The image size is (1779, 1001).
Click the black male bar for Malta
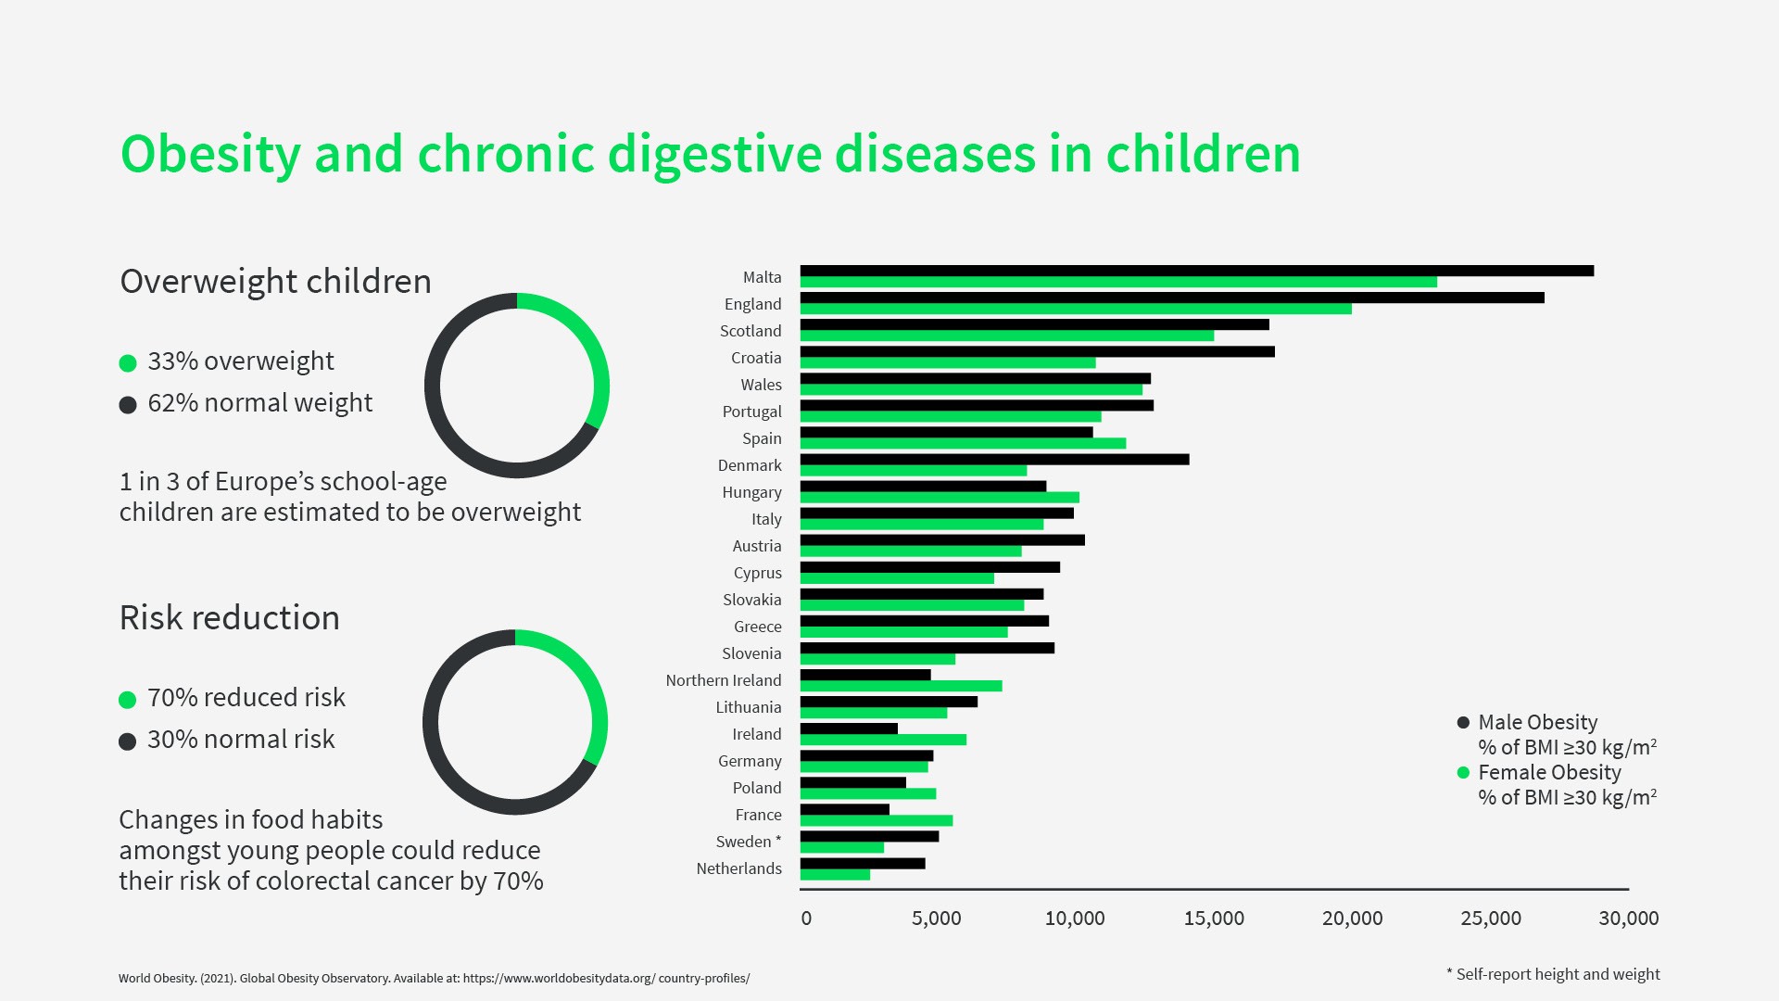[x=1196, y=271]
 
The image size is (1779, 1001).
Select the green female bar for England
[x=1075, y=309]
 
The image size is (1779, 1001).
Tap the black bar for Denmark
[x=994, y=460]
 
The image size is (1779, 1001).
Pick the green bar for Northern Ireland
[x=901, y=686]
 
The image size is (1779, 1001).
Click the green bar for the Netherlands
[x=835, y=875]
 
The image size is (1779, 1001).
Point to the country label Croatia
[x=756, y=358]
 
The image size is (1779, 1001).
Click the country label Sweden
[x=744, y=842]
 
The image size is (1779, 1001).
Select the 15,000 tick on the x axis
[x=1214, y=919]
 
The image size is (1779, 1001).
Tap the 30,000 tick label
[x=1628, y=919]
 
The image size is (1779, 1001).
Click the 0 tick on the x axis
[x=806, y=919]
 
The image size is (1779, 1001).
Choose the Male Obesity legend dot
[x=1463, y=723]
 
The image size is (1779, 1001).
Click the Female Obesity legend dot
[x=1463, y=773]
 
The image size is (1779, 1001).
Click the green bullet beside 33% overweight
[x=128, y=363]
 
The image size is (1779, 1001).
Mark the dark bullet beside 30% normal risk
[x=128, y=741]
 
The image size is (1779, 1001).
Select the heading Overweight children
[x=275, y=282]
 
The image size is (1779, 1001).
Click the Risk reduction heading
[x=229, y=618]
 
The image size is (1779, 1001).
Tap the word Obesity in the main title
[x=210, y=155]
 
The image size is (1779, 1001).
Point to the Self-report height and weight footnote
[x=1557, y=974]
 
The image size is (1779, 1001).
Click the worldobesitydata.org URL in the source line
[x=606, y=978]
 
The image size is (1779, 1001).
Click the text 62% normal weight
[x=259, y=403]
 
